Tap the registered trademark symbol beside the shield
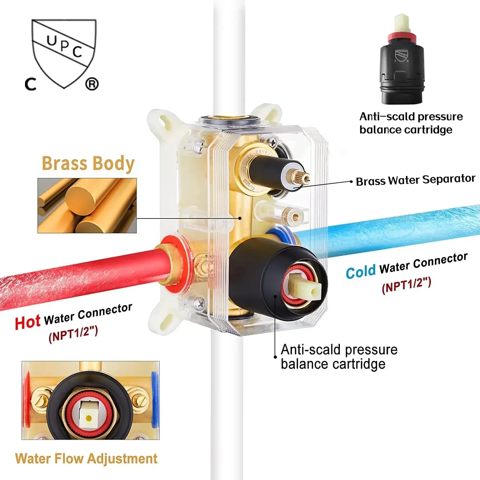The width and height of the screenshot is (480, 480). point(92,84)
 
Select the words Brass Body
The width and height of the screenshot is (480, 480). point(88,164)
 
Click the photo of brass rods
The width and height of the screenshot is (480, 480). point(87,205)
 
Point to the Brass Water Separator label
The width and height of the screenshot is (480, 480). point(415,180)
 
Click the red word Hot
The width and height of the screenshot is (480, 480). point(28,322)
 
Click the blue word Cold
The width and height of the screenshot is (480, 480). point(361,272)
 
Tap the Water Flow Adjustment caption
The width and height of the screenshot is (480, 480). point(86,459)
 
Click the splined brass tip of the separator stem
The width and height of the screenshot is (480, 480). point(306,178)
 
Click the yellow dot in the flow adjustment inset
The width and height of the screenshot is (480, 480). point(89,418)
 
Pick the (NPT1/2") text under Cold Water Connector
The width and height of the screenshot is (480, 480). point(406,285)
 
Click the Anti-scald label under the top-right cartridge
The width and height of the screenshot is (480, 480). point(411,123)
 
